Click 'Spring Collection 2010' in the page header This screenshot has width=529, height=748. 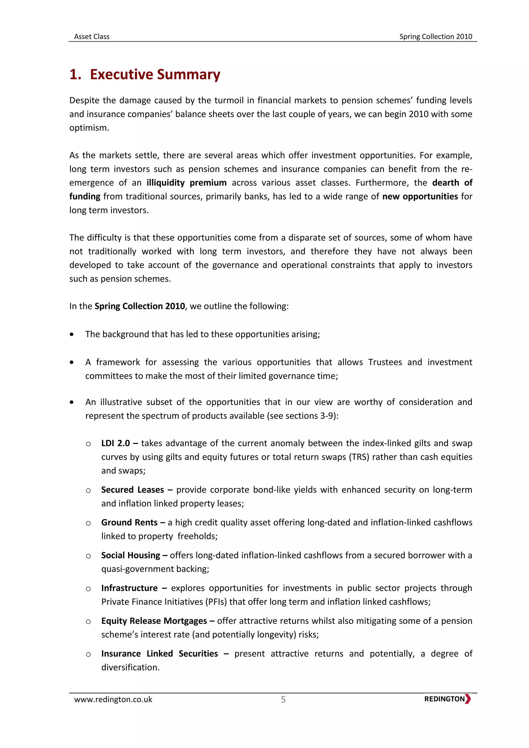[435, 36]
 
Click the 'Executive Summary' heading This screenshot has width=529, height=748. [155, 74]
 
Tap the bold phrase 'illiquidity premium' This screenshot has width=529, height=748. [186, 183]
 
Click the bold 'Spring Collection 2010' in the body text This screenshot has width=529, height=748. [140, 306]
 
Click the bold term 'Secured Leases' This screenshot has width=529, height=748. [132, 490]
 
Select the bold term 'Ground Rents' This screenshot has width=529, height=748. [129, 523]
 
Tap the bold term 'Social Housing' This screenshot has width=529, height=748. [131, 556]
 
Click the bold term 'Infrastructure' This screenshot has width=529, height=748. [129, 588]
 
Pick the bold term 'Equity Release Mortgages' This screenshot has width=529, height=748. [154, 621]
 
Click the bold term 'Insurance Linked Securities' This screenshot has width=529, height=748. [159, 654]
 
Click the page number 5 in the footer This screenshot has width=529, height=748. [283, 699]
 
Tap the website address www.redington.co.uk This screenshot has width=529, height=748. [113, 699]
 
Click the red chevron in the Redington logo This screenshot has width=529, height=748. [468, 699]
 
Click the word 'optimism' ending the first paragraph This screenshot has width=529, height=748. [88, 128]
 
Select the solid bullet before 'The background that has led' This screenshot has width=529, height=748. [72, 334]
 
